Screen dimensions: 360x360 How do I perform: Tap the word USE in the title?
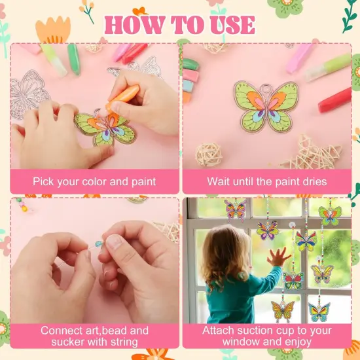click(227, 25)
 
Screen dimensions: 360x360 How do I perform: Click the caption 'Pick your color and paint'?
click(95, 181)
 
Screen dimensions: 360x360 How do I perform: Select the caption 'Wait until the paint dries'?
click(266, 181)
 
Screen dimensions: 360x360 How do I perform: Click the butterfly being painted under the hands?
click(105, 128)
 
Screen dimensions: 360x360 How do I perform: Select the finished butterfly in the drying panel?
click(266, 105)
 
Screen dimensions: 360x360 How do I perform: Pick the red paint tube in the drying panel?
click(334, 100)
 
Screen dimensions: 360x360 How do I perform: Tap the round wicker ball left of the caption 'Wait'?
click(209, 154)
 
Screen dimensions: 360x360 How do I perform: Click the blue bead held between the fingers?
click(99, 243)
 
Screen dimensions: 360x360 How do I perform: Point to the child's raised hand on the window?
click(278, 256)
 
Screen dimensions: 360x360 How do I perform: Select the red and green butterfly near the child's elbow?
click(293, 280)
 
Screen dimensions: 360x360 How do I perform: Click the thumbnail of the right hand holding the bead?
click(113, 242)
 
